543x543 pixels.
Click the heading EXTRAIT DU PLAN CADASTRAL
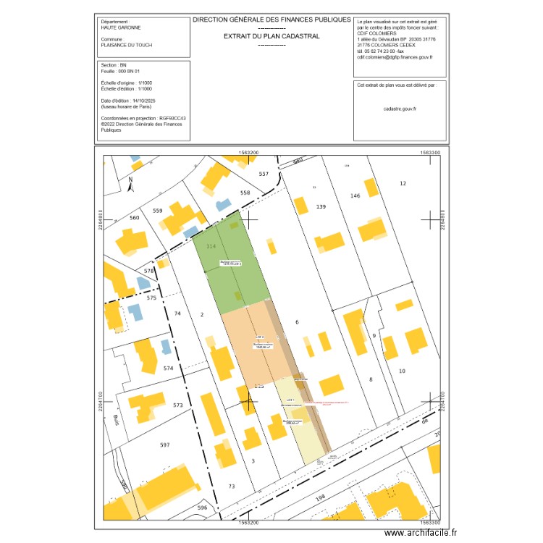click(x=271, y=35)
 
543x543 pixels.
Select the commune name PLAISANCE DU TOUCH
click(x=127, y=44)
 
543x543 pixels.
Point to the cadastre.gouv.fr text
click(x=400, y=108)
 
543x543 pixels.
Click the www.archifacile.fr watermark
click(x=421, y=534)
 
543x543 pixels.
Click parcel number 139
click(x=321, y=207)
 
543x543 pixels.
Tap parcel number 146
click(x=355, y=196)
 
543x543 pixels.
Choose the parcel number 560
click(x=134, y=217)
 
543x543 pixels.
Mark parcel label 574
click(x=169, y=369)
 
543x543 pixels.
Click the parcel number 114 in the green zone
click(x=211, y=247)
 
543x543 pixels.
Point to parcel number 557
click(x=264, y=174)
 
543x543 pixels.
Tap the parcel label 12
click(x=403, y=184)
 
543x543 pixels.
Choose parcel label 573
click(x=178, y=405)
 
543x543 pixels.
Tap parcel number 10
click(x=402, y=371)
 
